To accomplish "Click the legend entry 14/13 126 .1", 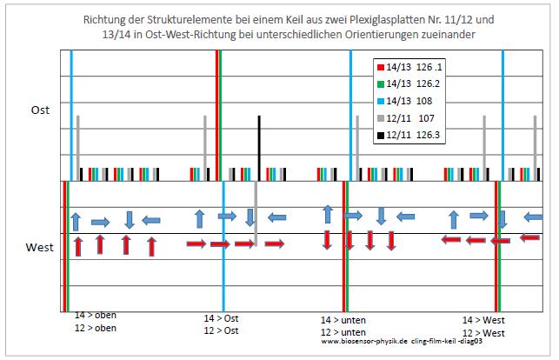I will [410, 67].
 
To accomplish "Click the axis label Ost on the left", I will [40, 110].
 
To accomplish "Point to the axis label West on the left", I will [40, 248].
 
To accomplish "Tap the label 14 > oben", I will [95, 316].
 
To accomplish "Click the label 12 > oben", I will [95, 328].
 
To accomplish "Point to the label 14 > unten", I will [343, 320].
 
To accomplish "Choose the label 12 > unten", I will [343, 332].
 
